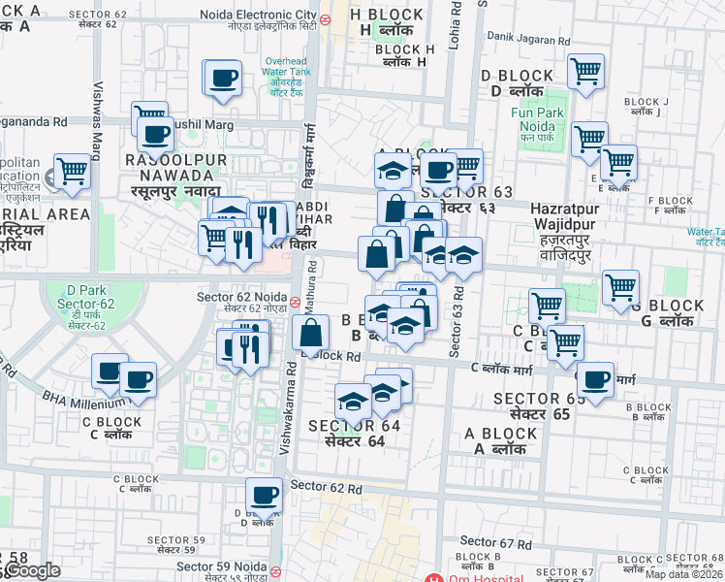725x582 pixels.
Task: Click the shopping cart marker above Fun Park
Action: pos(585,71)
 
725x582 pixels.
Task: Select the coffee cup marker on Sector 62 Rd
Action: pos(264,496)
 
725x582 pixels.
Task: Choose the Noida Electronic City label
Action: pos(259,16)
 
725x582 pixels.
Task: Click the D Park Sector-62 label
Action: pos(85,307)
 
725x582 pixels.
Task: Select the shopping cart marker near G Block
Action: pos(620,287)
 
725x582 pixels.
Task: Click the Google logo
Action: pos(31,570)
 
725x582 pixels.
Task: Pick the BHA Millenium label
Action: pos(83,399)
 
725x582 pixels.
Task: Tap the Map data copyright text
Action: pos(684,574)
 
